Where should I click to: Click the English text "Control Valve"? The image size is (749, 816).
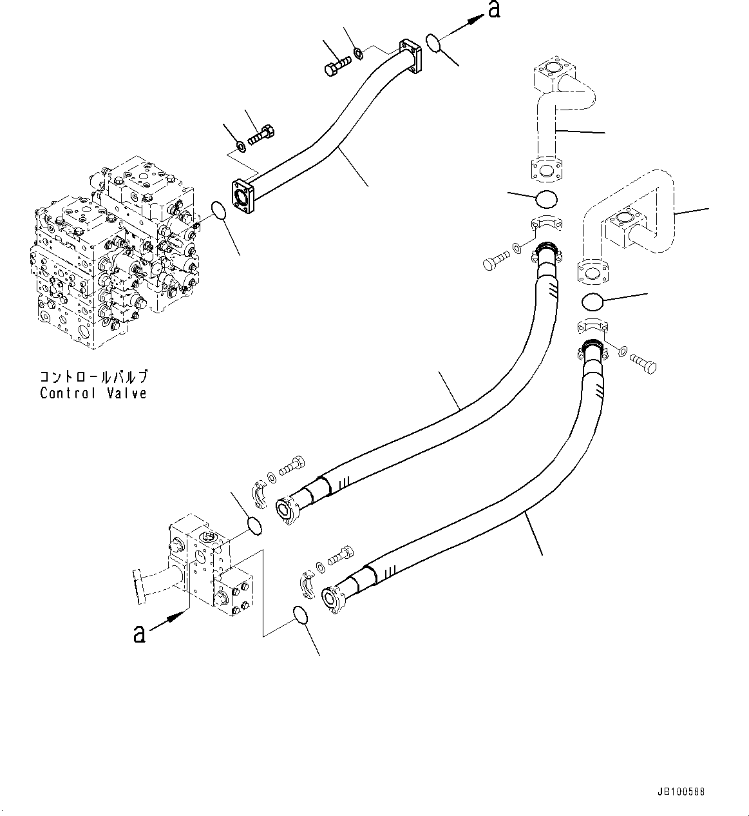point(93,393)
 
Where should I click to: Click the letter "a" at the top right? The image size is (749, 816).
point(494,10)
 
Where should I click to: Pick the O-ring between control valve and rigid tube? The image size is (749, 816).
point(219,210)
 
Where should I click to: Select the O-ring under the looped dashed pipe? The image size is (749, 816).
point(592,302)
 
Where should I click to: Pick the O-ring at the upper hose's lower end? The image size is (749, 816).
point(255,526)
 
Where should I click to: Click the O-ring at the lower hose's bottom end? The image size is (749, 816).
point(300,615)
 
